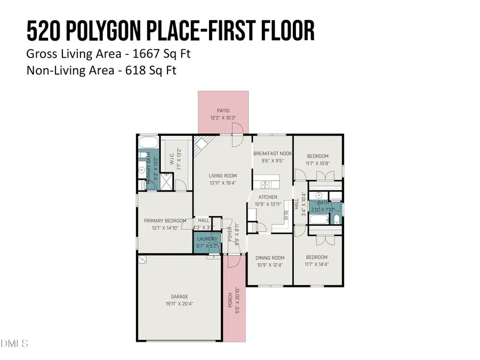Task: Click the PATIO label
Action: click(223, 110)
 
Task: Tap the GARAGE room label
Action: click(180, 297)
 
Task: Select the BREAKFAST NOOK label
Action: click(272, 153)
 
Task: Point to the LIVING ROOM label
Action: click(222, 176)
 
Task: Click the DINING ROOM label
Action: click(270, 258)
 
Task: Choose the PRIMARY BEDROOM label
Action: click(165, 221)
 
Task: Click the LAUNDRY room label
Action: click(207, 239)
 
